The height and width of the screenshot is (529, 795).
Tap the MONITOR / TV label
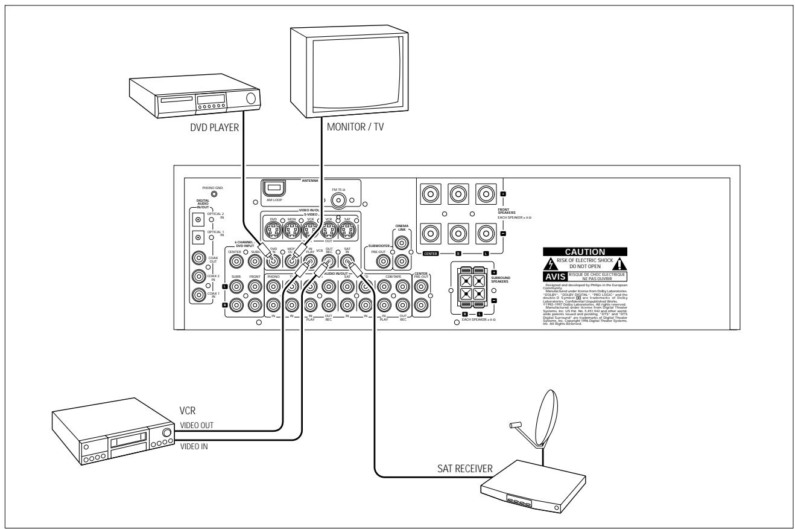(x=355, y=128)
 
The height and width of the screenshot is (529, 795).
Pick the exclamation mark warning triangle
(x=619, y=264)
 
